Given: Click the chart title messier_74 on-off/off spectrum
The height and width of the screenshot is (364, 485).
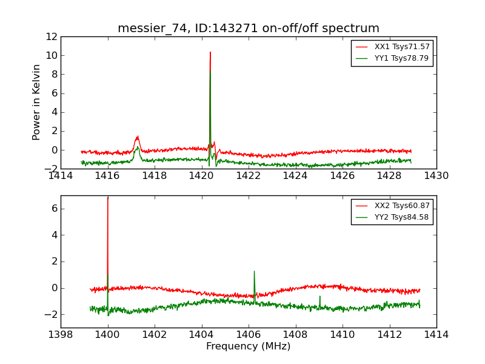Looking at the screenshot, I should coord(249,29).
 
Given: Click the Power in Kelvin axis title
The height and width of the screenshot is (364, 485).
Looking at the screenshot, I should coord(37,102).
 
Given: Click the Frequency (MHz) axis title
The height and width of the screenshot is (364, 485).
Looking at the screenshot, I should coord(249,346).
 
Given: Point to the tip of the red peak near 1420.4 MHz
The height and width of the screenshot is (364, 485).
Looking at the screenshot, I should coord(210,52).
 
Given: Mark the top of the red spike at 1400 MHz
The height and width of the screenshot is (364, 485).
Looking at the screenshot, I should coord(108,198).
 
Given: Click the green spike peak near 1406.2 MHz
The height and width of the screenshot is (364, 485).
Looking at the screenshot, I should coord(254,271).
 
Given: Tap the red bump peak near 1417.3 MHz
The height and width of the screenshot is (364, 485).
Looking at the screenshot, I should coord(138,136).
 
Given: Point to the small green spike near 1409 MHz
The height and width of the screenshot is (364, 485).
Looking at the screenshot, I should coord(320,297).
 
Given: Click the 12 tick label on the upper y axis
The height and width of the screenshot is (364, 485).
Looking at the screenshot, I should coord(50,36).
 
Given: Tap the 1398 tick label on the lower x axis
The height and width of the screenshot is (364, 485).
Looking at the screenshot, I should coord(61,335).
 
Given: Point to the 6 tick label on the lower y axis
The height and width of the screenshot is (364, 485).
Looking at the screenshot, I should coord(53,208).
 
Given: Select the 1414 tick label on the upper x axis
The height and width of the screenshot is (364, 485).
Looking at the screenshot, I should coord(61,176).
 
